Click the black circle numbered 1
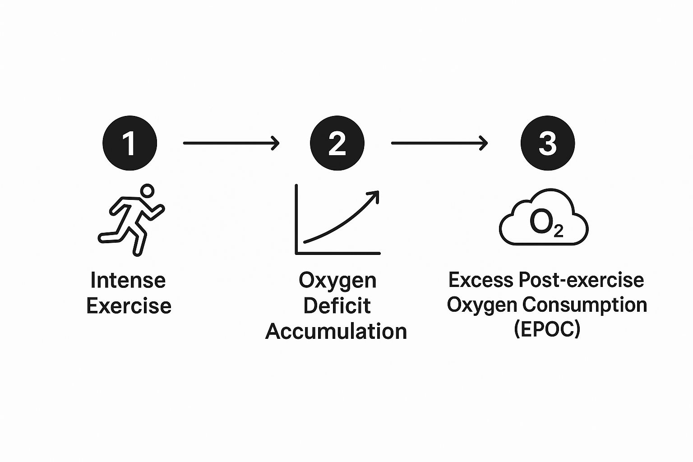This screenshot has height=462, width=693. [129, 143]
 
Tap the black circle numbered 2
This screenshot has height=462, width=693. [337, 143]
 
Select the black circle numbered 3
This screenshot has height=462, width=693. [547, 143]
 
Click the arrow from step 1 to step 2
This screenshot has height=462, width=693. [231, 143]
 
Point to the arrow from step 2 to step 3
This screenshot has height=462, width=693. [439, 143]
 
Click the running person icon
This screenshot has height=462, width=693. [131, 220]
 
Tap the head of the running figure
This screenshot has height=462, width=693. [147, 191]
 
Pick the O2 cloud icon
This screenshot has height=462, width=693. [543, 218]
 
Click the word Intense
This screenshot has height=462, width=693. [128, 280]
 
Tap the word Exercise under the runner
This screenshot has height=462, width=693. [129, 306]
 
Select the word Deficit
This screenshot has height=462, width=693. [337, 305]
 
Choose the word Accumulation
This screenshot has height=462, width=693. [336, 331]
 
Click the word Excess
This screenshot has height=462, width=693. [481, 280]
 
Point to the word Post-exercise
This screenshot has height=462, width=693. [582, 280]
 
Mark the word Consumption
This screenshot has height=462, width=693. [585, 305]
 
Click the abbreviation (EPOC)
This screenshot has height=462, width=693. [547, 329]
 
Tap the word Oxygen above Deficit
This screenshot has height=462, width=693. [337, 280]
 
